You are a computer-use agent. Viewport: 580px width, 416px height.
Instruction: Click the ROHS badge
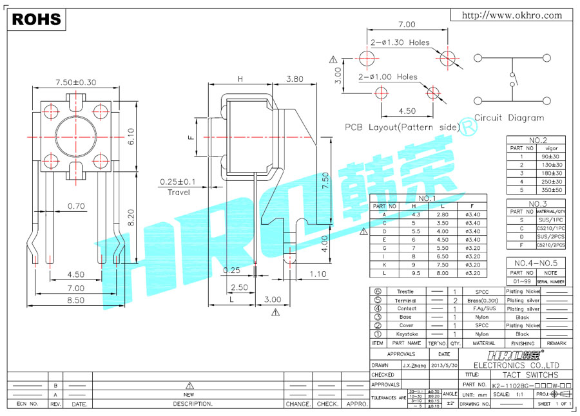coord(37,19)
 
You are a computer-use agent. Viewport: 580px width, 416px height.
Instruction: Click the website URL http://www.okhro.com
coord(513,15)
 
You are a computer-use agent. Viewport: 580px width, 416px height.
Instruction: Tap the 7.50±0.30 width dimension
coord(75,82)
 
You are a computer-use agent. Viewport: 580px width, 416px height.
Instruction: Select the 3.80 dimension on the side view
coord(294,79)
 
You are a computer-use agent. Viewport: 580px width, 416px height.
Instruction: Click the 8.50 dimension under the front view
coord(76,299)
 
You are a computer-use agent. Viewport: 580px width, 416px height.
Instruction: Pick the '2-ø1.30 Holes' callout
coord(400,43)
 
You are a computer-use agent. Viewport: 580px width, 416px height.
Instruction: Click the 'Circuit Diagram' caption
coord(509,118)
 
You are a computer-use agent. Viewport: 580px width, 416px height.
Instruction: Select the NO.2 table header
coord(537,140)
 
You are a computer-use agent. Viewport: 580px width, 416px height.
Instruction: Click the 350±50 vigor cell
coord(552,190)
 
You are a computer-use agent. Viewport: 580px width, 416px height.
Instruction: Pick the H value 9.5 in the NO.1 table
coord(416,273)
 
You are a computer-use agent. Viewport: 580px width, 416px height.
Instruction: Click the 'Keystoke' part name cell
coord(407,334)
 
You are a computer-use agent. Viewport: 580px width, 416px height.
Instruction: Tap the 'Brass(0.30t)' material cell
coord(483,301)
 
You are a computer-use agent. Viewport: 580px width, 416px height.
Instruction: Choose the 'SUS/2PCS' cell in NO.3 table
coord(552,236)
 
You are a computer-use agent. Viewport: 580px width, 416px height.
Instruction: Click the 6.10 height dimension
coord(130,135)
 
